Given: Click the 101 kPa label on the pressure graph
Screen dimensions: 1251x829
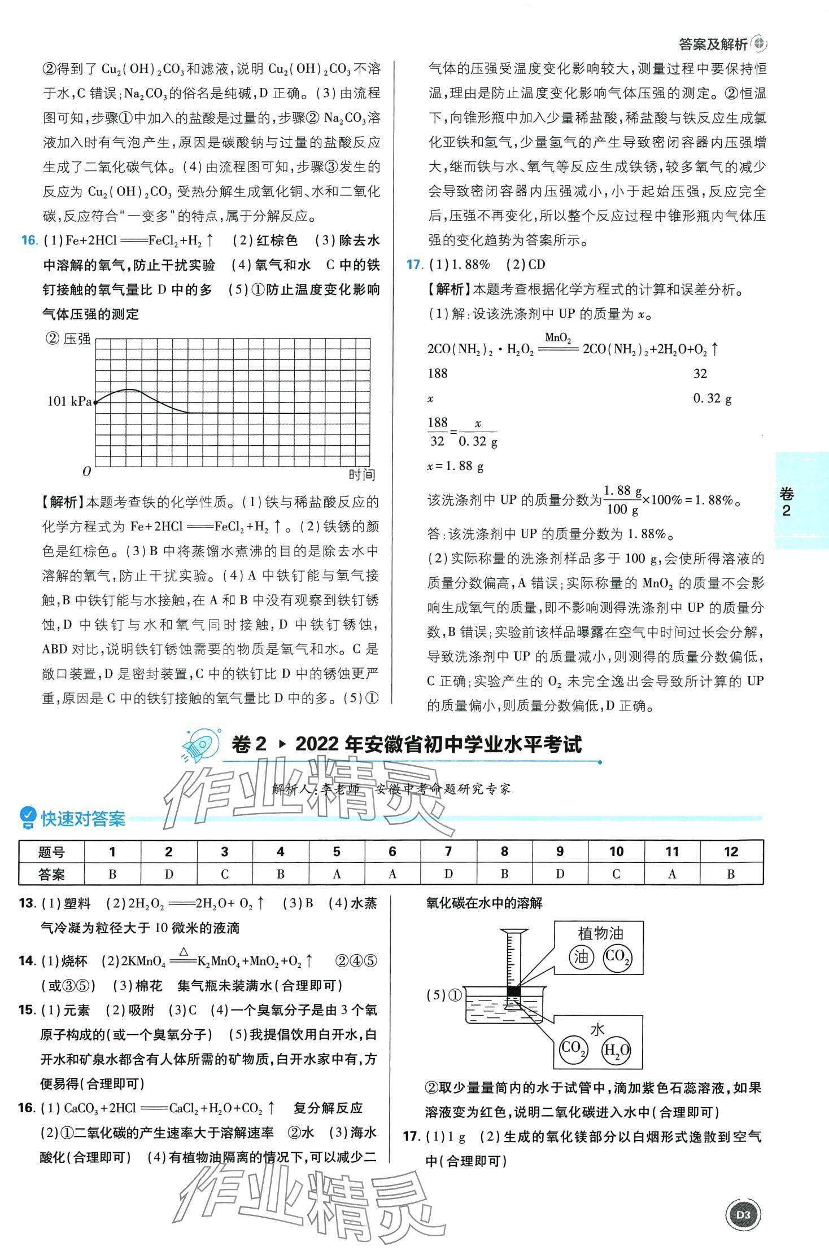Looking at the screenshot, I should (69, 401).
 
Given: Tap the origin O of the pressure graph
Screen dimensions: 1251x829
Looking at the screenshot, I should (86, 471).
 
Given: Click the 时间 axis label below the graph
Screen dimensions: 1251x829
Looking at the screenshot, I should (361, 475).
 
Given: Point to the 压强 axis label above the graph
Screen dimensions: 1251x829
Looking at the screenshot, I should (76, 339).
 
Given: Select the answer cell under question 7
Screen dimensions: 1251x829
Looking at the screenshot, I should (448, 874).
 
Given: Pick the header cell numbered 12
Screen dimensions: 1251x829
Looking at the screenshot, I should (731, 851).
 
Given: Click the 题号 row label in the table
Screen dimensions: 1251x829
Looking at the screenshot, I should (51, 851).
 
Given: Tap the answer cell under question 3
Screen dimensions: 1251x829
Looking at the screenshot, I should (225, 874).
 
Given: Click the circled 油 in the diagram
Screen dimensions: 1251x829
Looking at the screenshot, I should (581, 956).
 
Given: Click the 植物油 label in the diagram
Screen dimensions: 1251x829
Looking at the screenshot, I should (600, 933).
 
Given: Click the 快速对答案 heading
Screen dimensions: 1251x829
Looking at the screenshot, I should (82, 819).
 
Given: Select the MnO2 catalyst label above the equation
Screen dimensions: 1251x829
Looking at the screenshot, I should (558, 337).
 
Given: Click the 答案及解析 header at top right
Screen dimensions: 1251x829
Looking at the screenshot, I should (713, 44).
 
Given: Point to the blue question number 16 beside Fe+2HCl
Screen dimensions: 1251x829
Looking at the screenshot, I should (28, 240).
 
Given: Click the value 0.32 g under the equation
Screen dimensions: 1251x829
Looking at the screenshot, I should (712, 398).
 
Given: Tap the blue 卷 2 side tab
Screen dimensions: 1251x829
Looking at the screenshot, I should (786, 502).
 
